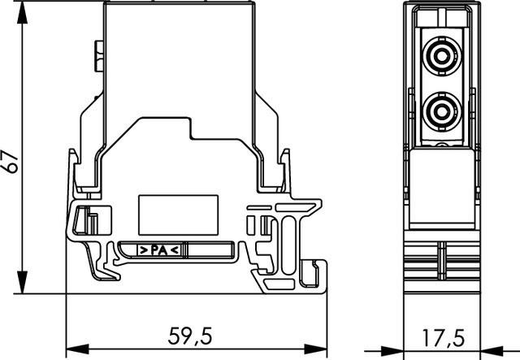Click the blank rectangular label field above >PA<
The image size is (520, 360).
tap(178, 214)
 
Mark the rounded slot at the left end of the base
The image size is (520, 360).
tap(81, 220)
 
